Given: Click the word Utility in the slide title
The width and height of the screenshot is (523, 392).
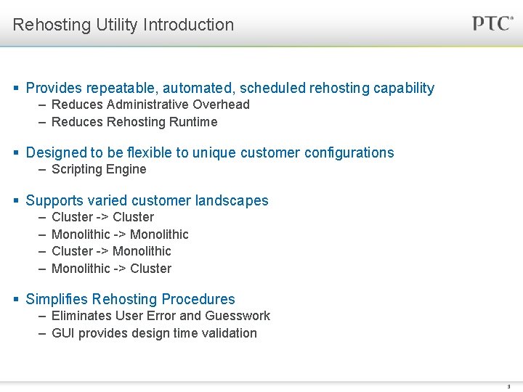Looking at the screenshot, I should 117,25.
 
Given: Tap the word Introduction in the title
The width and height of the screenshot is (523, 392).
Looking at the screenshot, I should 189,25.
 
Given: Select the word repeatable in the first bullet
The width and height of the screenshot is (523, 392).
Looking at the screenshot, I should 119,89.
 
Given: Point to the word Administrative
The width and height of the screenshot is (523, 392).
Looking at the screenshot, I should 150,105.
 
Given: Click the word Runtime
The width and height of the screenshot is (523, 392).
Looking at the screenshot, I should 193,122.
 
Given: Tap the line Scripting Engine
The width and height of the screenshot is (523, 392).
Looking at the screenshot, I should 99,169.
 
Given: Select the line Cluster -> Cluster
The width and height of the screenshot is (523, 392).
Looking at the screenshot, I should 102,217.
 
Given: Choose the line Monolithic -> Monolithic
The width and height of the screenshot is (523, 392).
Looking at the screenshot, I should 120,234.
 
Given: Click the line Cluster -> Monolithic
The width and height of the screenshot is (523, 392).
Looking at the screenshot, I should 111,251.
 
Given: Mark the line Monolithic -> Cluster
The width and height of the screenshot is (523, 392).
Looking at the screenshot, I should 111,269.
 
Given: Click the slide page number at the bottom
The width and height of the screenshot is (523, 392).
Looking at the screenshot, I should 509,387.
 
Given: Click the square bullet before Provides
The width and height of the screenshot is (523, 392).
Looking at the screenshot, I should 17,89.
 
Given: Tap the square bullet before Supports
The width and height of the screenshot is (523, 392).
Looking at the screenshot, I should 17,200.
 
